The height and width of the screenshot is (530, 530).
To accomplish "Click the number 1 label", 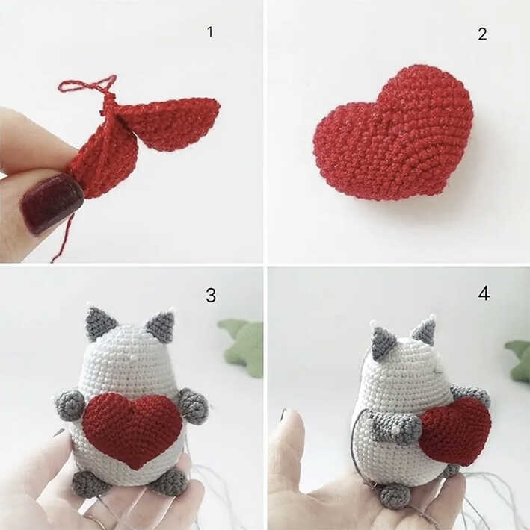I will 210,31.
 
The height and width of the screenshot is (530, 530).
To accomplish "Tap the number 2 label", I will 482,34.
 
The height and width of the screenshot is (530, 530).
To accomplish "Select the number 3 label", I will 210,296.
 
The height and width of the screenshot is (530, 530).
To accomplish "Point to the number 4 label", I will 484,293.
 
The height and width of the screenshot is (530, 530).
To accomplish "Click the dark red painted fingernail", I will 50,203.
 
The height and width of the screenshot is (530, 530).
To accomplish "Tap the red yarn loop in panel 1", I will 88,84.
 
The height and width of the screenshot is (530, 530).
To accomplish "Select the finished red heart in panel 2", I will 395,134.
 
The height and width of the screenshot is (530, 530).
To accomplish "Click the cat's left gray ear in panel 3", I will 100,323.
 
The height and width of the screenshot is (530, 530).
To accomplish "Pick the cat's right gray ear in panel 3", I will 161,326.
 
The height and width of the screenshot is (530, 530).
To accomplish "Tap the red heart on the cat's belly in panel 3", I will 132,428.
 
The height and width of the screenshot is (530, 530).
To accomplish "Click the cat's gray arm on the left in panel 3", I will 70,405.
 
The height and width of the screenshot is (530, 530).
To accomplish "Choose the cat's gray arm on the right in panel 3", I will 194,405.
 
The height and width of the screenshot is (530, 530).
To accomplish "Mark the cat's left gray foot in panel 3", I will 90,484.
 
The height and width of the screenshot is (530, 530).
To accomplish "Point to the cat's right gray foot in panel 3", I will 168,482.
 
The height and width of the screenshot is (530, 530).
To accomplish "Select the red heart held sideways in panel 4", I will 456,431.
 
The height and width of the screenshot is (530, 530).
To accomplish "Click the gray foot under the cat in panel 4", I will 395,495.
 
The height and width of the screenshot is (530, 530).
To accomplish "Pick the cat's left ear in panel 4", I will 383,343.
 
